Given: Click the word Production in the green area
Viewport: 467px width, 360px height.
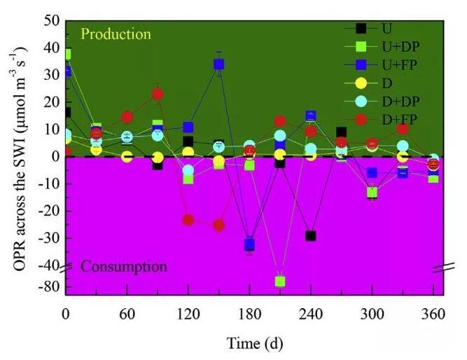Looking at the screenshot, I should point(116,34).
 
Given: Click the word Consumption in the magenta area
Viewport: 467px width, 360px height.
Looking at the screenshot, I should point(124,266).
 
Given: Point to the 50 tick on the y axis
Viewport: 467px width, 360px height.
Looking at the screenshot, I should point(51,21).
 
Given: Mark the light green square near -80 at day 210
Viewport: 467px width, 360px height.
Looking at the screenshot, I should point(280,282).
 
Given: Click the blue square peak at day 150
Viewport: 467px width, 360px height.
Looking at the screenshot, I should point(218,64).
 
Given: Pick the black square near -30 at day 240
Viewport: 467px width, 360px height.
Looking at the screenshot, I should point(310,236).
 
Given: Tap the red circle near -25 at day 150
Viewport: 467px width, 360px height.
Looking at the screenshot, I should point(218,225).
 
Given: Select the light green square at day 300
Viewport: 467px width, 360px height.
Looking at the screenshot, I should point(372,192).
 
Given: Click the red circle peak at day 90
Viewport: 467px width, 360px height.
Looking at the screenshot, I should point(158,94).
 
